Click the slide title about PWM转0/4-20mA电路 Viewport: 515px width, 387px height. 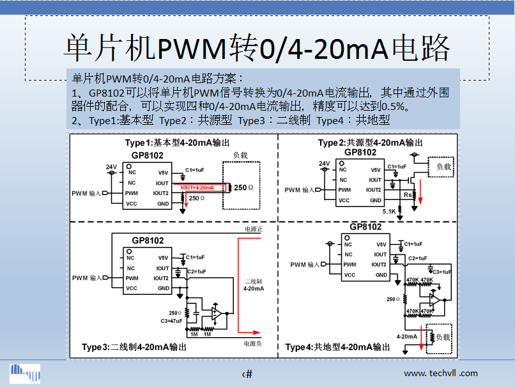pyautogui.click(x=257, y=48)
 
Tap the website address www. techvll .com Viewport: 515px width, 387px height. pyautogui.click(x=440, y=373)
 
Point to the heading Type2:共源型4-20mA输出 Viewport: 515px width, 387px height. pyautogui.click(x=370, y=142)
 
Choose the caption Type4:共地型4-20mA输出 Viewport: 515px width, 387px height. pyautogui.click(x=337, y=347)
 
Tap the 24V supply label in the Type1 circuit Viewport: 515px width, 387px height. pyautogui.click(x=111, y=167)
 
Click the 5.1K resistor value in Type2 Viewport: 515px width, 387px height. pyautogui.click(x=389, y=211)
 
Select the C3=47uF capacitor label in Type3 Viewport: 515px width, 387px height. pyautogui.click(x=172, y=320)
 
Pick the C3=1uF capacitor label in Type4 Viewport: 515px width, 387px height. pyautogui.click(x=440, y=272)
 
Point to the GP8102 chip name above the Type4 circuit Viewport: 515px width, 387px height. pyautogui.click(x=365, y=227)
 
